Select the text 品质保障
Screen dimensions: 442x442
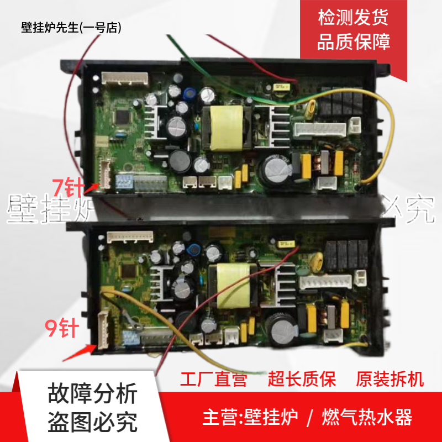click(x=354, y=42)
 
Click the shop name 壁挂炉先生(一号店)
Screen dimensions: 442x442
click(x=71, y=28)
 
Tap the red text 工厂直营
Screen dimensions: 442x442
click(x=214, y=380)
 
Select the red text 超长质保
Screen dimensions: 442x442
click(x=302, y=380)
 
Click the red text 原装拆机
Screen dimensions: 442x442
click(x=390, y=380)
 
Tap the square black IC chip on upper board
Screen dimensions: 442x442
click(x=120, y=116)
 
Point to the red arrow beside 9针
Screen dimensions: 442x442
click(x=78, y=351)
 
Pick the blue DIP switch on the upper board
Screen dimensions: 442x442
click(x=122, y=180)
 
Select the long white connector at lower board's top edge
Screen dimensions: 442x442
click(x=131, y=236)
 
